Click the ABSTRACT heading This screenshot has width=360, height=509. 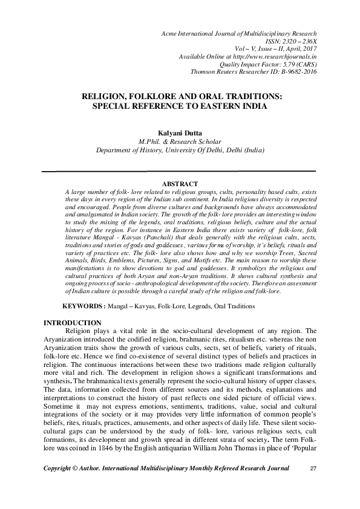tap(180, 183)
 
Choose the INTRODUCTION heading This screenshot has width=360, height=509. tap(73, 323)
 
